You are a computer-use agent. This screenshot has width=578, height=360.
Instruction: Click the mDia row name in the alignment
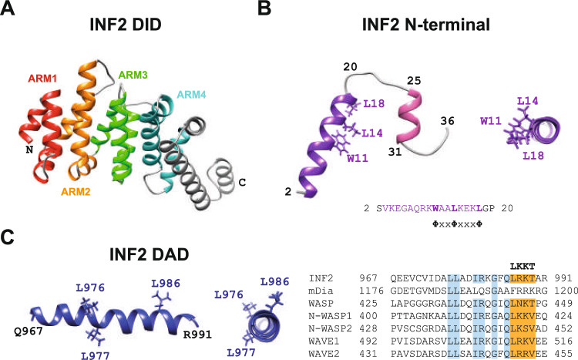tap(322, 291)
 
